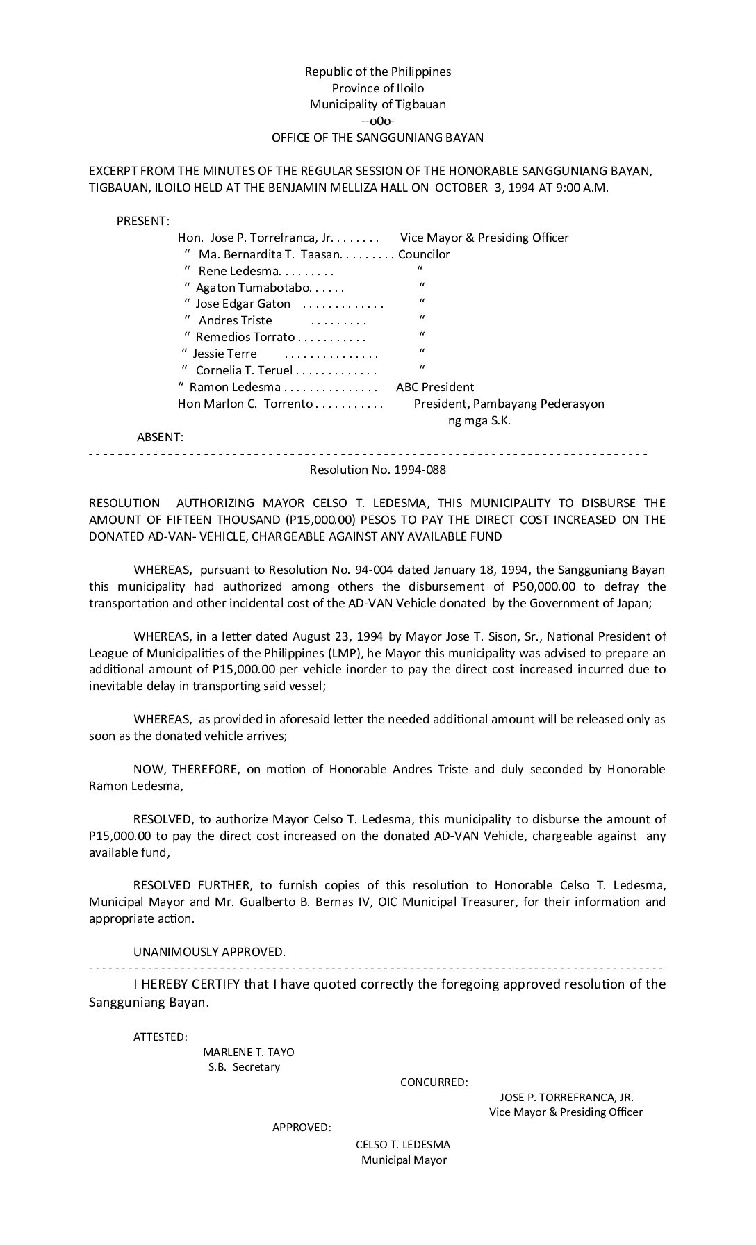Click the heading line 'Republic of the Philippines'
(377, 72)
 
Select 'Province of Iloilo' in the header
(377, 88)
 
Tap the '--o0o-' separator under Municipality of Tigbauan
(377, 122)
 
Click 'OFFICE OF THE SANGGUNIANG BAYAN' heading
(377, 138)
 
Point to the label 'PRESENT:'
(142, 221)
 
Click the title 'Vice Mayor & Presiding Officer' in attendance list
(484, 238)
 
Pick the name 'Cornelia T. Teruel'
(244, 370)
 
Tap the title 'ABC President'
(434, 387)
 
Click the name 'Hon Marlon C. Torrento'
(245, 404)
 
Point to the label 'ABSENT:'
(160, 437)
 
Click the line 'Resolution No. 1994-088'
(377, 470)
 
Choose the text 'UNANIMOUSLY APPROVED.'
(209, 952)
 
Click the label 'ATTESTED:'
(160, 1037)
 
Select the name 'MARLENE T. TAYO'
(248, 1053)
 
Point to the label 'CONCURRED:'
(434, 1082)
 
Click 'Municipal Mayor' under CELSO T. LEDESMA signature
(404, 1160)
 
